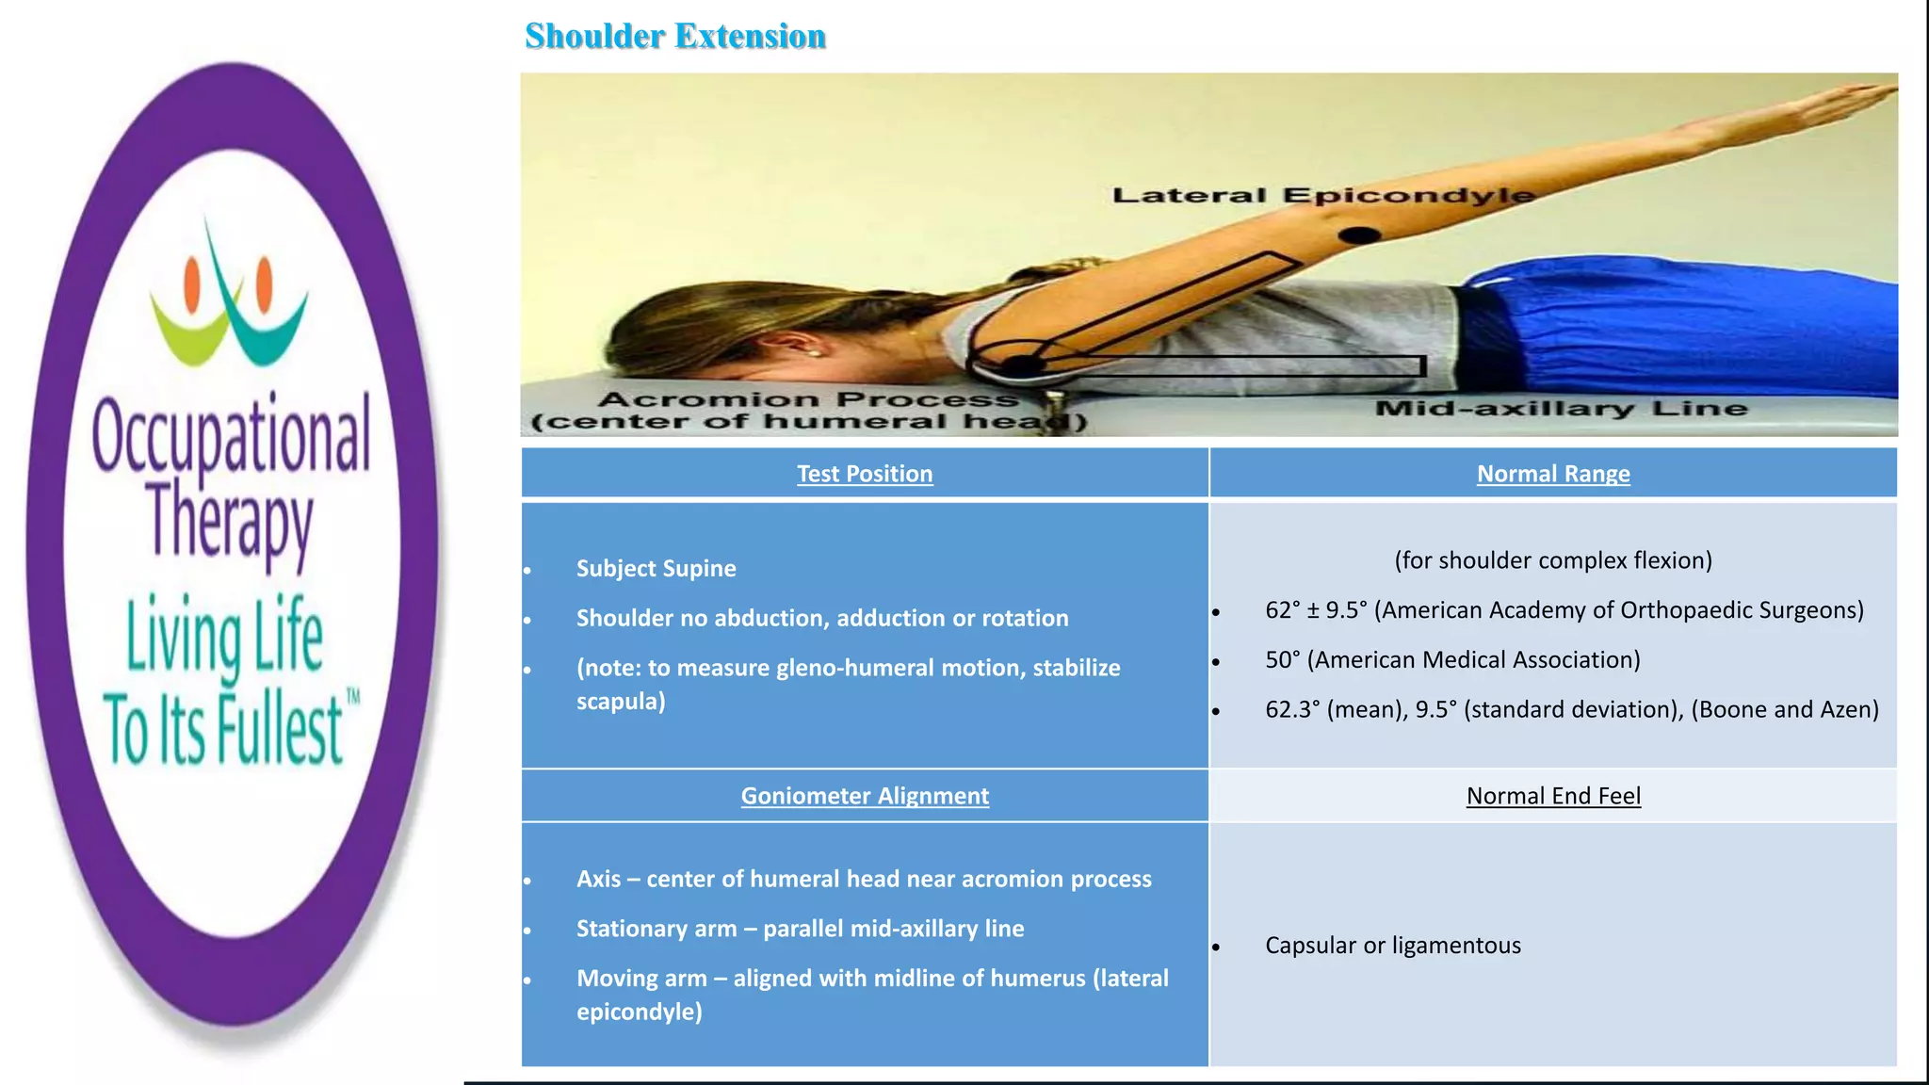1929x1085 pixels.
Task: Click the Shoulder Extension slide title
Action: tap(674, 36)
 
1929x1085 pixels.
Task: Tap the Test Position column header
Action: tap(865, 474)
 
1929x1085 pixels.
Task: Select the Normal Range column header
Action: tap(1552, 474)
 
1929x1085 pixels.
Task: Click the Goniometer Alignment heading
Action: tap(865, 796)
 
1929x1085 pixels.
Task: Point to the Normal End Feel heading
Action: tap(1552, 796)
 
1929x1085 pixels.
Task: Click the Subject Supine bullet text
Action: tap(656, 568)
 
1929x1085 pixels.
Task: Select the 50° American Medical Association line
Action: tap(1451, 659)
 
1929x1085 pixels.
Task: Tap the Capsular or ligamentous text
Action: tap(1392, 945)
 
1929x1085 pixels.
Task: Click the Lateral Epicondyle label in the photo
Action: tap(1322, 195)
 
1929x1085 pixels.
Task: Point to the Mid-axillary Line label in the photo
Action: tap(1561, 409)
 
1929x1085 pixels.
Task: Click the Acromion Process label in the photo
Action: tap(808, 400)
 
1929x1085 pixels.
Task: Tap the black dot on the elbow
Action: tap(1359, 235)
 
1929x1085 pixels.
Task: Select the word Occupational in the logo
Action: tap(232, 435)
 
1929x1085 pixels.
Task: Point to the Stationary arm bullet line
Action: tap(800, 929)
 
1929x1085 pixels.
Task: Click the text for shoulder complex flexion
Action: tap(1552, 560)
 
